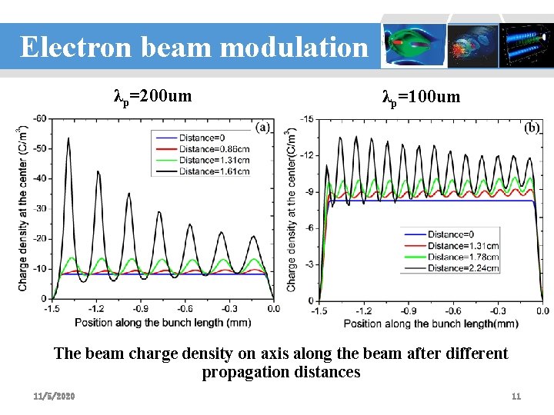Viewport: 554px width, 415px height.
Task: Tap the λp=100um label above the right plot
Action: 421,97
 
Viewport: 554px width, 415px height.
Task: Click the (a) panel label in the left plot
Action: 262,128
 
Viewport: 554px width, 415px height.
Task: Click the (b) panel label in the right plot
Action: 532,128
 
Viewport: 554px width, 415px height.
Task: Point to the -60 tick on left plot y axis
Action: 39,118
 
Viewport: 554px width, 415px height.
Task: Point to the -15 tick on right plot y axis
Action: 306,118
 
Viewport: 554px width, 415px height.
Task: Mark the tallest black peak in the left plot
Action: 69,139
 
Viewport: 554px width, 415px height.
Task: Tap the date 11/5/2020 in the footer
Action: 54,396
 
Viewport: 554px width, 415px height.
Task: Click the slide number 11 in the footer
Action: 516,396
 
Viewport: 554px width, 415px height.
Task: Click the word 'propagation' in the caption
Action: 245,372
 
